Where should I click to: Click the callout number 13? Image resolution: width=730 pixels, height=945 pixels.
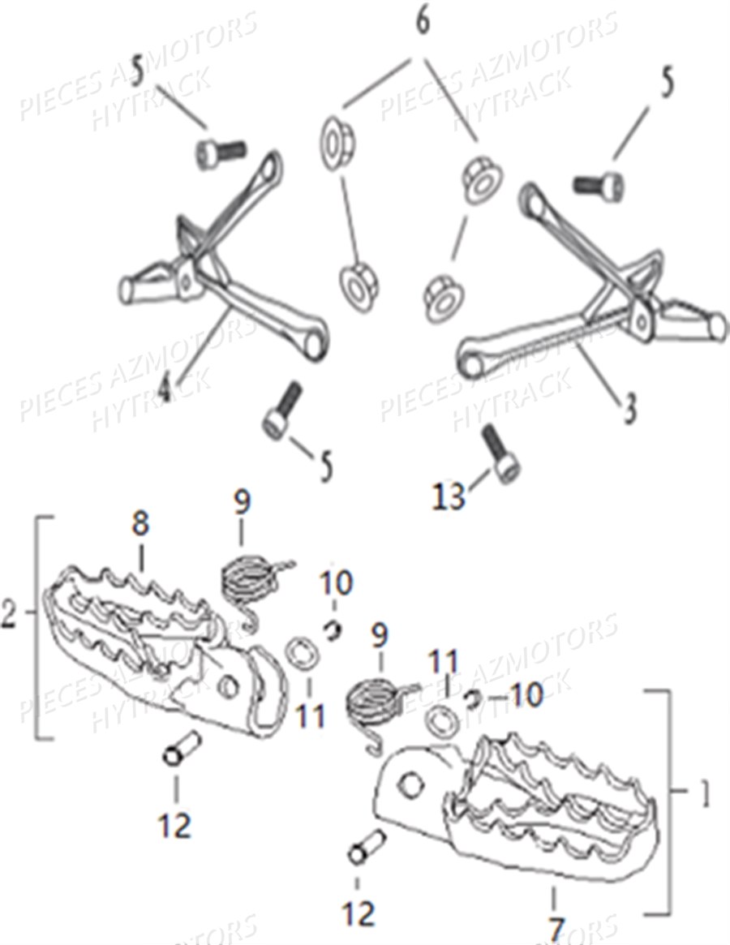[x=449, y=495]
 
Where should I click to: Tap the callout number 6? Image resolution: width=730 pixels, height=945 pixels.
[x=423, y=22]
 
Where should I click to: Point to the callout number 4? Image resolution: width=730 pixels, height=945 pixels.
[x=165, y=389]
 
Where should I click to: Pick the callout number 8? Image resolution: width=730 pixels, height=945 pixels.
[x=140, y=523]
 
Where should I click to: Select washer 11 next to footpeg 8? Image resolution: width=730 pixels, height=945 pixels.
[x=300, y=654]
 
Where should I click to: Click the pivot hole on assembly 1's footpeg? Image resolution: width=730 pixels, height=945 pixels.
[x=412, y=783]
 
